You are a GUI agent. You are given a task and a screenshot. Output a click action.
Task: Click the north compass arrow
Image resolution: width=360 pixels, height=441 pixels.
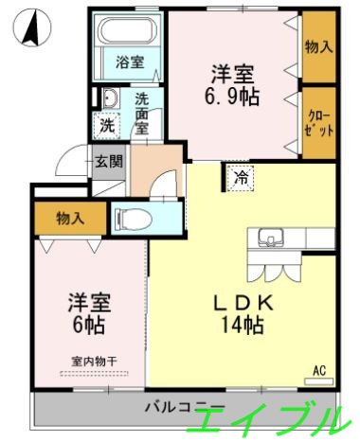click(x=30, y=28)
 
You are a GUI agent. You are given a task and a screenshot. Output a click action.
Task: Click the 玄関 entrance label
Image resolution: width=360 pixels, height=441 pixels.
click(x=107, y=161)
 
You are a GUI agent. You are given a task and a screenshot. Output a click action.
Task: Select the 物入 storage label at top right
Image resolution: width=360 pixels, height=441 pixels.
click(x=318, y=45)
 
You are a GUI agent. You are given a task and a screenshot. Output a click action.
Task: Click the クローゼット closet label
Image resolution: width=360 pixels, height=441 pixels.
click(x=318, y=122)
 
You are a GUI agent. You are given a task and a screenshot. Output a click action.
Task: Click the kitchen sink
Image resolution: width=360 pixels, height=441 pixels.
click(x=266, y=238)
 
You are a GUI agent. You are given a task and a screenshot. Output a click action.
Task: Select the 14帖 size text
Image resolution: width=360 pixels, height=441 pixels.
click(x=242, y=326)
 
